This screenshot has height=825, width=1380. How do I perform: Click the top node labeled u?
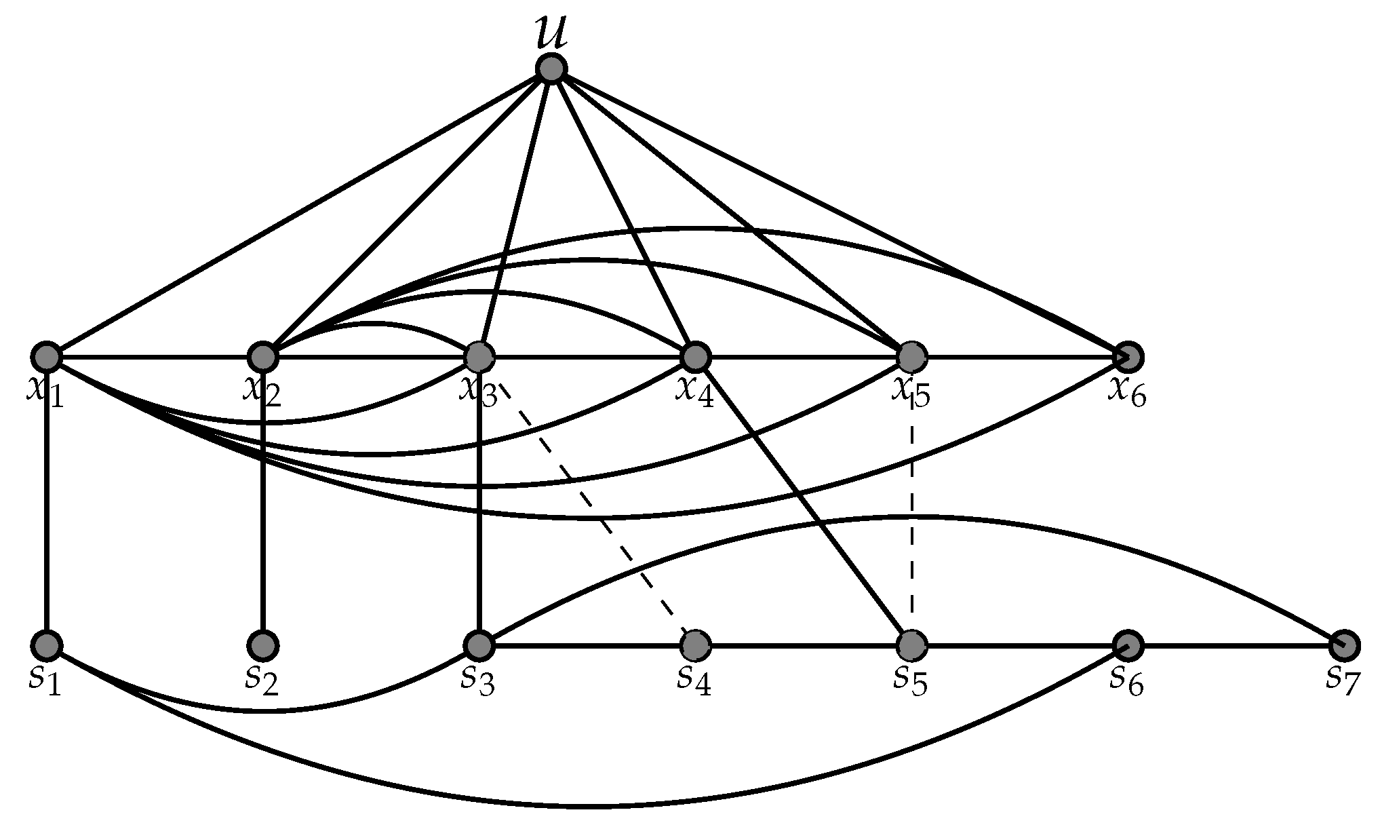coord(551,69)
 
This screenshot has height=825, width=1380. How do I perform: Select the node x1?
coord(46,356)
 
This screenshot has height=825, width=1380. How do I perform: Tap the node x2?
coord(262,356)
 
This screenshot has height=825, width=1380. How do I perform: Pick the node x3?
coord(479,356)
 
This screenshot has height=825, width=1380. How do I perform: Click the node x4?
coord(695,356)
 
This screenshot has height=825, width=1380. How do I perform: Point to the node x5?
coord(911,356)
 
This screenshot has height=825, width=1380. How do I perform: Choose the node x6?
coord(1128,356)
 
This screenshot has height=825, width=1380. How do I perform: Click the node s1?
coord(46,645)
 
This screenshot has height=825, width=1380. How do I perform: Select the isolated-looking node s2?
coord(262,645)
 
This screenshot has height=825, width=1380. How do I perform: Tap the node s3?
coord(479,645)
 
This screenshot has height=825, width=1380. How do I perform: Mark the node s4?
coord(695,645)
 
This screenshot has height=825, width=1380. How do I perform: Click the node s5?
coord(911,645)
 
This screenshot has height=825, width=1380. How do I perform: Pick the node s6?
coord(1128,645)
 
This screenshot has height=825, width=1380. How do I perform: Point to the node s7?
coord(1344,645)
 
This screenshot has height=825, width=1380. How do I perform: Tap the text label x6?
coord(1126,393)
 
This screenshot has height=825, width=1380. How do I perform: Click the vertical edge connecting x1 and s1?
coord(46,502)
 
